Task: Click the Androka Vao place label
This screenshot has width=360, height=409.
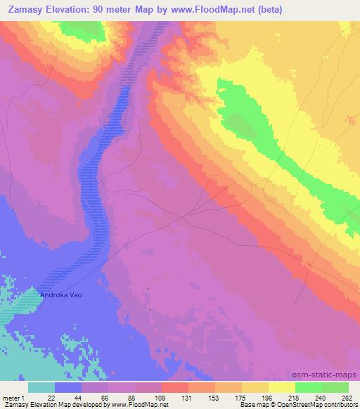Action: pos(60,294)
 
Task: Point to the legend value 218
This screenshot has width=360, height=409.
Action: pos(295,397)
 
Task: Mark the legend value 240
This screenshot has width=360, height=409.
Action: pos(321,397)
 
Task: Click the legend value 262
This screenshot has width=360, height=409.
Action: pos(347,397)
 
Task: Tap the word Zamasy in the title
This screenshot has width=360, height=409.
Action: pos(23,9)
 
